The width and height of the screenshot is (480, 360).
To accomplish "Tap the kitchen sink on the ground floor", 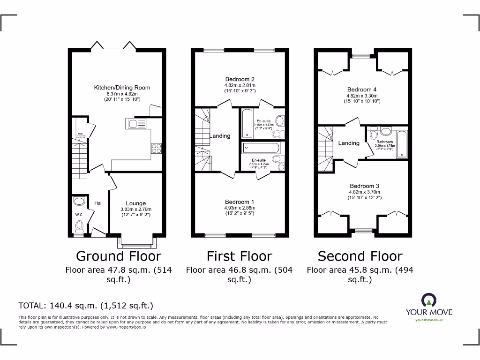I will pyautogui.click(x=135, y=124).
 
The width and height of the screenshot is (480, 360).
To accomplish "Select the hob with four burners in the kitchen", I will pyautogui.click(x=156, y=148).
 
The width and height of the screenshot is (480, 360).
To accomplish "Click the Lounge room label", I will pyautogui.click(x=135, y=203).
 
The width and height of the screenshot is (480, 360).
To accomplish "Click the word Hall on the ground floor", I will pyautogui.click(x=98, y=203).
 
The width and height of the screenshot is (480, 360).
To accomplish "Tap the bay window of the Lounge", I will pyautogui.click(x=137, y=242).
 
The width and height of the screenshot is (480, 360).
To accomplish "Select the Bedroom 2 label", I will pyautogui.click(x=240, y=79).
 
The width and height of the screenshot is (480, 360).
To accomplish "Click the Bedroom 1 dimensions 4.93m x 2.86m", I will pyautogui.click(x=240, y=208).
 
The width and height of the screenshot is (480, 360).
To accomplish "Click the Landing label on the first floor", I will pyautogui.click(x=219, y=136).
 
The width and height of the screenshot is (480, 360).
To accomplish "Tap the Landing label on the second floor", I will pyautogui.click(x=349, y=143).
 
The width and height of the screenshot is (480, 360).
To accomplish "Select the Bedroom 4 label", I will pyautogui.click(x=361, y=89).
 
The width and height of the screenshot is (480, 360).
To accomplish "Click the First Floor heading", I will pyautogui.click(x=239, y=256).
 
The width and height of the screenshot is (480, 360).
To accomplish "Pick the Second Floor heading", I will pyautogui.click(x=360, y=256).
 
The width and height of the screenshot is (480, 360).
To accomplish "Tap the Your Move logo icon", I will pyautogui.click(x=428, y=300).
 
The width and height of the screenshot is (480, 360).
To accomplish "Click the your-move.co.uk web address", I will pyautogui.click(x=428, y=320).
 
